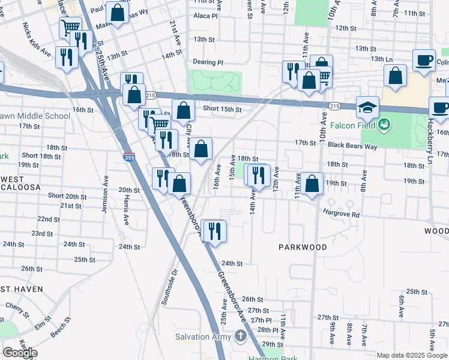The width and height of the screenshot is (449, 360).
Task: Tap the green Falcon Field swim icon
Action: [385, 125]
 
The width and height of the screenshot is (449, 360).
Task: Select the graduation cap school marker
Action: [367, 107]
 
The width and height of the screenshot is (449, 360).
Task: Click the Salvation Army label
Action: [203, 337]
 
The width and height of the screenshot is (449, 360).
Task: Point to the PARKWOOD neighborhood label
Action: [303, 247]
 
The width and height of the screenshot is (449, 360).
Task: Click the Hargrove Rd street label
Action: [340, 214]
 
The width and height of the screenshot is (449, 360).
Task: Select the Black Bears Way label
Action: [352, 145]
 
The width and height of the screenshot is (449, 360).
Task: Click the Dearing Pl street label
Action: [208, 62]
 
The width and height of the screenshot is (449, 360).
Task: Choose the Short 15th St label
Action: [221, 109]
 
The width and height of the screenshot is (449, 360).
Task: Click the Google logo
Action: [20, 353]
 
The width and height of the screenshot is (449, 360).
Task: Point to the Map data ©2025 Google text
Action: [411, 355]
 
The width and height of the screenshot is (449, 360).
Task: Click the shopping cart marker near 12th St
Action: [70, 27]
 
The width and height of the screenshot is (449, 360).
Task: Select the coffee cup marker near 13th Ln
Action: [424, 61]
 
